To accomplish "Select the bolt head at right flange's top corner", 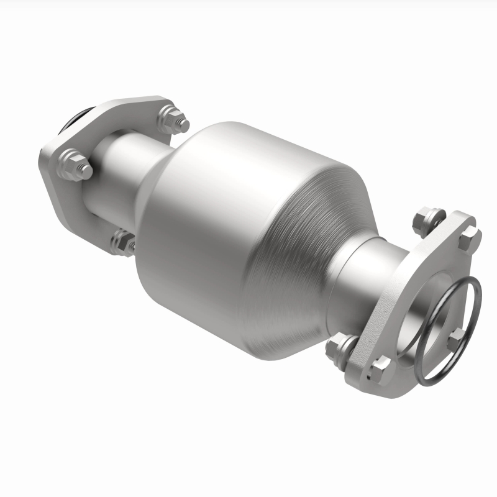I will tap(469, 236).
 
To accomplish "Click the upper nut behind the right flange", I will tap(428, 219).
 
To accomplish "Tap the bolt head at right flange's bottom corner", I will tap(378, 369).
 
